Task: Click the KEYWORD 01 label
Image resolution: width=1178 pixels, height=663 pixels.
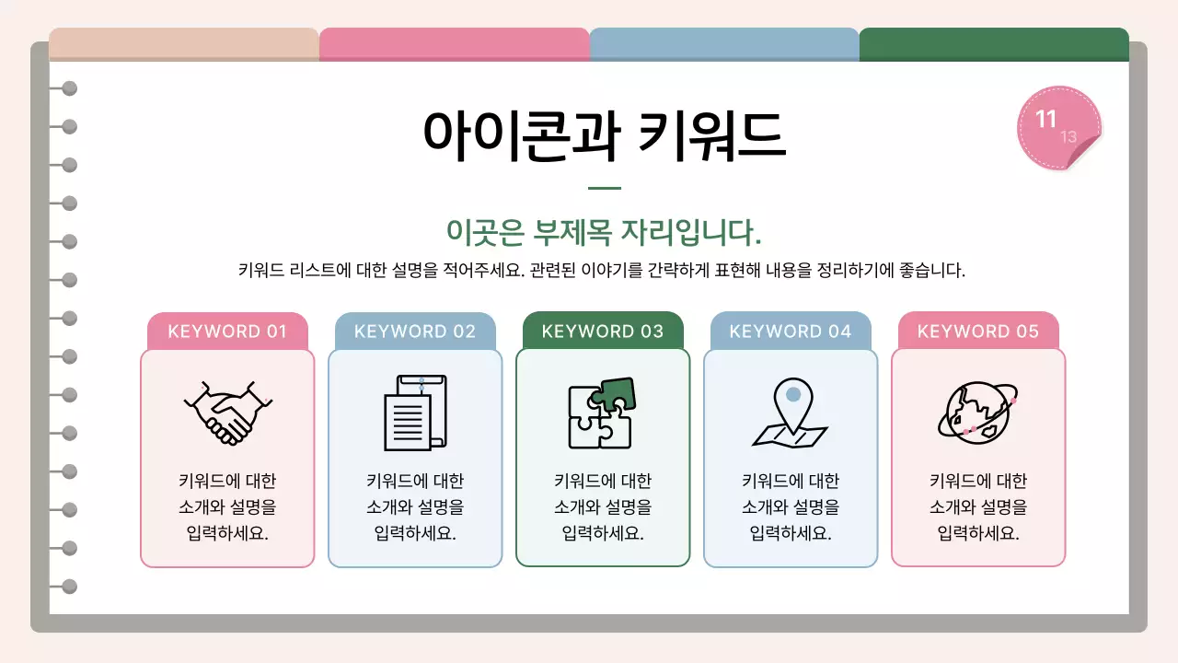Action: coord(227,331)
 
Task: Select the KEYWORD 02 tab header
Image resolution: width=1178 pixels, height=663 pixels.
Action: coord(415,331)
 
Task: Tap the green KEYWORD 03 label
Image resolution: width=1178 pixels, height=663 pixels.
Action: coord(603,331)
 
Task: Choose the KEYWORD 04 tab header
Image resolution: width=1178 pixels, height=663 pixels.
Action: coord(791,331)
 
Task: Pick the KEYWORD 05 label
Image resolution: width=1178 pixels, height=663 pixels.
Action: coord(978,331)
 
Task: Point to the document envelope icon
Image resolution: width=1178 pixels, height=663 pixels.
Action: coord(415,412)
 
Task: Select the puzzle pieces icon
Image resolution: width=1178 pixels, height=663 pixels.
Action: coord(602,413)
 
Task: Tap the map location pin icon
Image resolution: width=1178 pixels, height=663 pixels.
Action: coord(790,413)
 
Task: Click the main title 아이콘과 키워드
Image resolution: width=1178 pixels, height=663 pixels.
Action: coord(604,136)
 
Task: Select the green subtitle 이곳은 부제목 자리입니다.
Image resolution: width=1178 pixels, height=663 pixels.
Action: coord(604,232)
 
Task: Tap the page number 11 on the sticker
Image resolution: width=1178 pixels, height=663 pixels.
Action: coord(1046,120)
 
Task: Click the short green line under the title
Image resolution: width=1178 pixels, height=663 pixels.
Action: coord(604,188)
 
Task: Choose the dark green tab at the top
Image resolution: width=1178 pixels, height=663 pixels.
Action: coord(994,44)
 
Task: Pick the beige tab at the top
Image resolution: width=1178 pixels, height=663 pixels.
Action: coord(184,44)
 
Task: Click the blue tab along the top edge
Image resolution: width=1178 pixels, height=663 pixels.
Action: coord(724,44)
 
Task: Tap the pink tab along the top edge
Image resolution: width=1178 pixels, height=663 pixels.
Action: coord(455,44)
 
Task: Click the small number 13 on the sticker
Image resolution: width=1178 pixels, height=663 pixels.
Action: coord(1068,137)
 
